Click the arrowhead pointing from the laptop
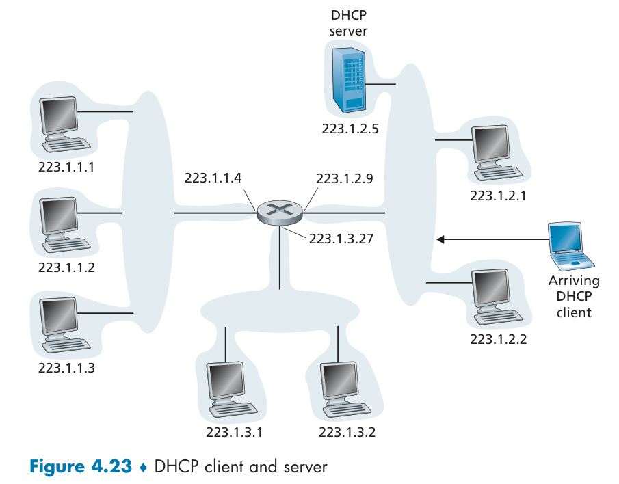point(441,239)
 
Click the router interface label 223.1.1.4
point(213,178)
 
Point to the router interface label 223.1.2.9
point(345,178)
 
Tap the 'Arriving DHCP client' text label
point(574,297)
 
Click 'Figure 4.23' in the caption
point(80,468)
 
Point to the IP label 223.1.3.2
point(347,432)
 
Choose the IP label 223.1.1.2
point(66,267)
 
